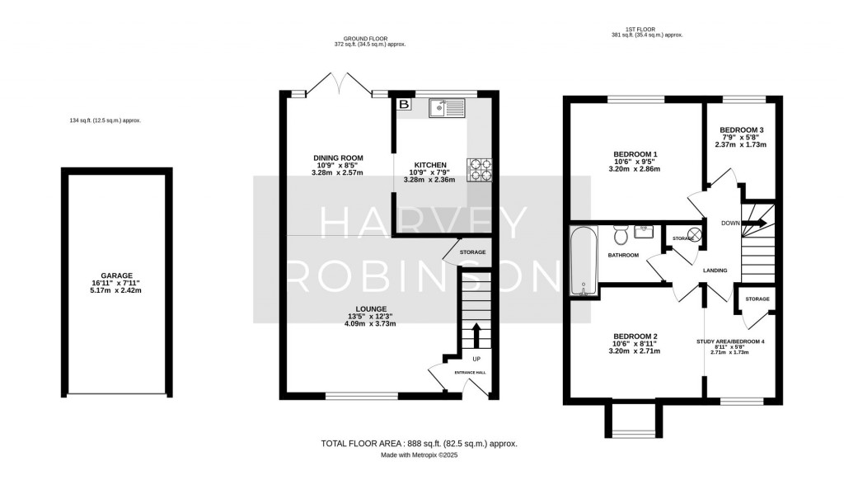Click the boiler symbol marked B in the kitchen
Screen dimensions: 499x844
coord(404,105)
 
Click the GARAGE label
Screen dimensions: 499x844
coord(117,276)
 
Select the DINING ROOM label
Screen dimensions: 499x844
coord(338,158)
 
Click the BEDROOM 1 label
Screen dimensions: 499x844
coord(635,154)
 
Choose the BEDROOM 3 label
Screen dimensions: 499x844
coord(742,130)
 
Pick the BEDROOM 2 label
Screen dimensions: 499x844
coord(635,337)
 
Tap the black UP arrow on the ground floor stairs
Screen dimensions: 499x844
coord(476,334)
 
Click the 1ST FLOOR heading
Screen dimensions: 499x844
coord(646,29)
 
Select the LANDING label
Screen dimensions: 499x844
coord(714,270)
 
